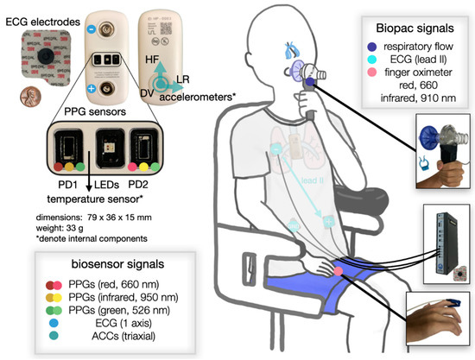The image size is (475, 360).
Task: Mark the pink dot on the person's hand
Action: [x=339, y=272]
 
